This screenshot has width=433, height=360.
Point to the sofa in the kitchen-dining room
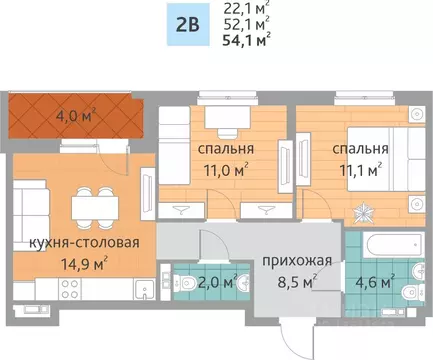27,211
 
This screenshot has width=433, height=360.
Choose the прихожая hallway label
296,261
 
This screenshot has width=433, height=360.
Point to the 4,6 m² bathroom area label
375,281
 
